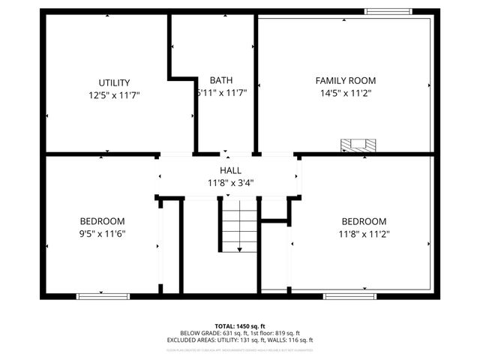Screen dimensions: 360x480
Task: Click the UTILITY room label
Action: tap(114, 82)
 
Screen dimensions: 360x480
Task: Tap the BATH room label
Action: tap(220, 80)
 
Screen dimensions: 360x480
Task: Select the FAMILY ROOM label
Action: tap(345, 80)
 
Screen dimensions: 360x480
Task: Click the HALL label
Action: tap(230, 171)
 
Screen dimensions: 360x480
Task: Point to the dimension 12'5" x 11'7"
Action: tap(114, 95)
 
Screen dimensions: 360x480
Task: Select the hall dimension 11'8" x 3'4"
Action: tap(230, 183)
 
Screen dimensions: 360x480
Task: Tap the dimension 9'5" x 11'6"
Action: tap(102, 234)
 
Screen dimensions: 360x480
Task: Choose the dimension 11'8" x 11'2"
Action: tap(364, 234)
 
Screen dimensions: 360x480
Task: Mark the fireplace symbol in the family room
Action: tap(356, 145)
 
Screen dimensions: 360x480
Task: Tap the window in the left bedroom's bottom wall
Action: tap(99, 295)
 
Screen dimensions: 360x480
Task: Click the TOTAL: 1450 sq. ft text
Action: tap(239, 326)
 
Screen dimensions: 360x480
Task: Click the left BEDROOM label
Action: tap(102, 221)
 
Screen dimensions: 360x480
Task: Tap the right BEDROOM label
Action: tap(364, 221)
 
